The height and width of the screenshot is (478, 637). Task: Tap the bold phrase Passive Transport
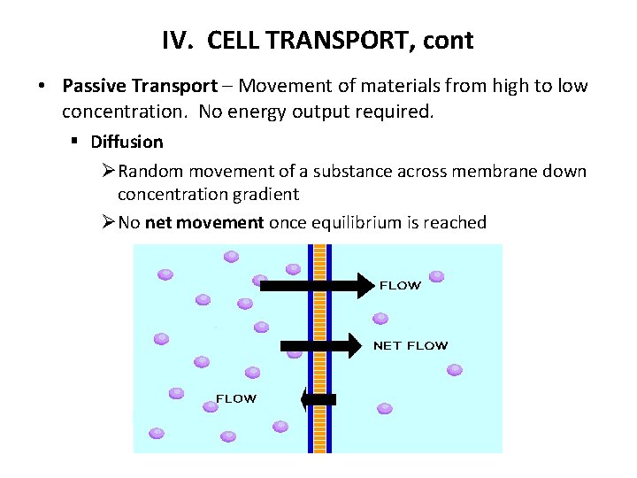(x=139, y=86)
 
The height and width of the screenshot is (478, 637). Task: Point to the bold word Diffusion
(x=127, y=142)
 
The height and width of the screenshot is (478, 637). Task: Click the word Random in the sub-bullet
(x=147, y=171)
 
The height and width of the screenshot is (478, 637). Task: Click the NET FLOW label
(x=411, y=345)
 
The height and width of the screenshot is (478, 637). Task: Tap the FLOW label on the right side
(x=400, y=285)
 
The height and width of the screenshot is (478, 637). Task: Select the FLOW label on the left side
(x=236, y=398)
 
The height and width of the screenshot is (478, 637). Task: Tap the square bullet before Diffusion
(x=78, y=142)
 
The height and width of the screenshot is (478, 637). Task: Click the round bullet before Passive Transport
(x=42, y=87)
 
